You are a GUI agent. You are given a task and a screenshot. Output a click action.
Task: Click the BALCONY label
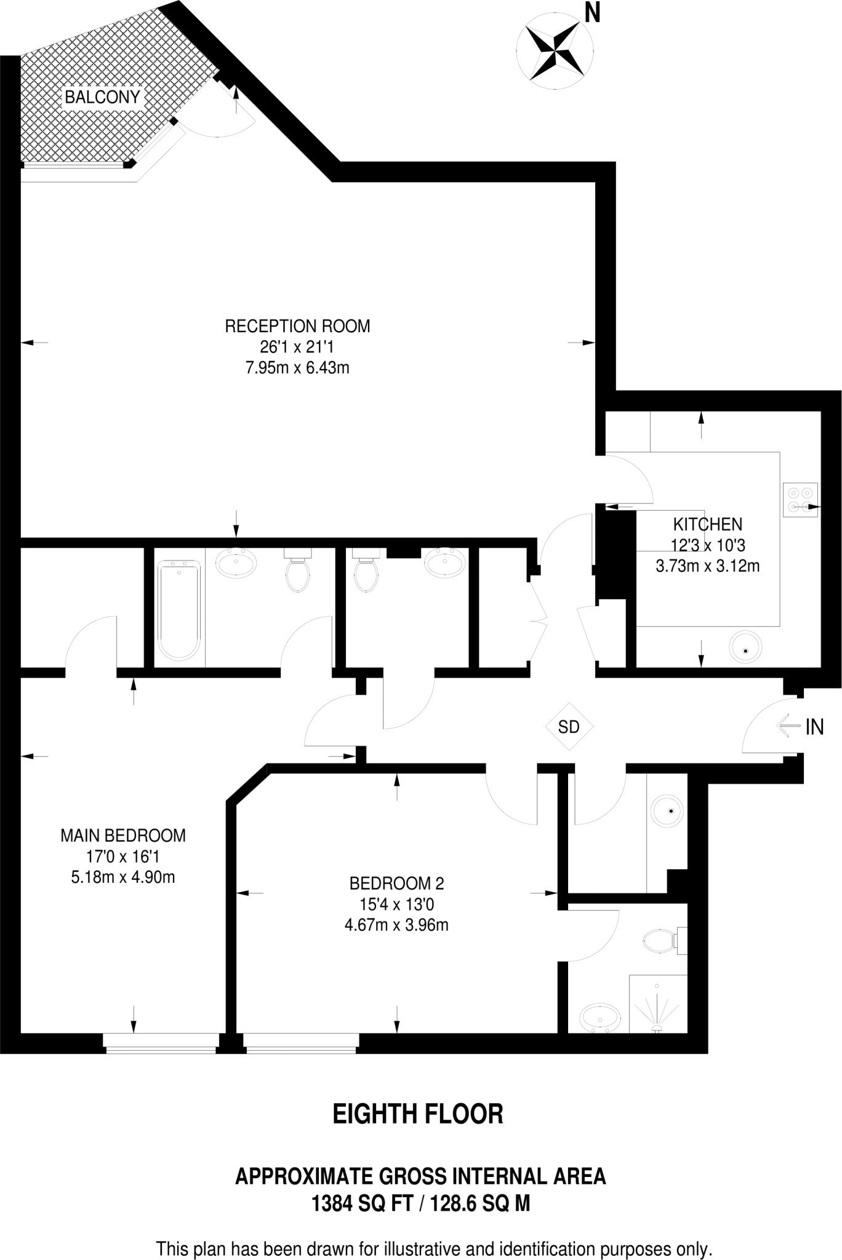[102, 97]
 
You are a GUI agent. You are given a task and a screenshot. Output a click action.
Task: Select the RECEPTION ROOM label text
[297, 326]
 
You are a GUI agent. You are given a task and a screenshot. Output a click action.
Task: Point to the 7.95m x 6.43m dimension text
[297, 368]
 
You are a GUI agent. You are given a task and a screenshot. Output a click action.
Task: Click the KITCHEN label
[707, 524]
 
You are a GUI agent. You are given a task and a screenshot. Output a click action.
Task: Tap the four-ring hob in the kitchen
[800, 500]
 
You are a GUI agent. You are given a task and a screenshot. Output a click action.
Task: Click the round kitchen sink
[745, 647]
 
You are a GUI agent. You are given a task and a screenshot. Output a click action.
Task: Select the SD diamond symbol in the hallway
[569, 727]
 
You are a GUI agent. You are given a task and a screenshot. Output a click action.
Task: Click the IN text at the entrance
[814, 727]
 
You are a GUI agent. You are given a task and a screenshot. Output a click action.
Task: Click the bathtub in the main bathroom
[179, 610]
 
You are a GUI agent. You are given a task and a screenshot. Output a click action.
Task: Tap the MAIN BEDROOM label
[123, 835]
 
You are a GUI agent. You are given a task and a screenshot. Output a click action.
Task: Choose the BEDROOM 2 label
[396, 883]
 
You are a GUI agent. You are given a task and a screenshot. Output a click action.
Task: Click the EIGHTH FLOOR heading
[418, 1114]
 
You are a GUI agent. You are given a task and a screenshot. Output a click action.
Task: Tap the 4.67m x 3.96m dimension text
[396, 925]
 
